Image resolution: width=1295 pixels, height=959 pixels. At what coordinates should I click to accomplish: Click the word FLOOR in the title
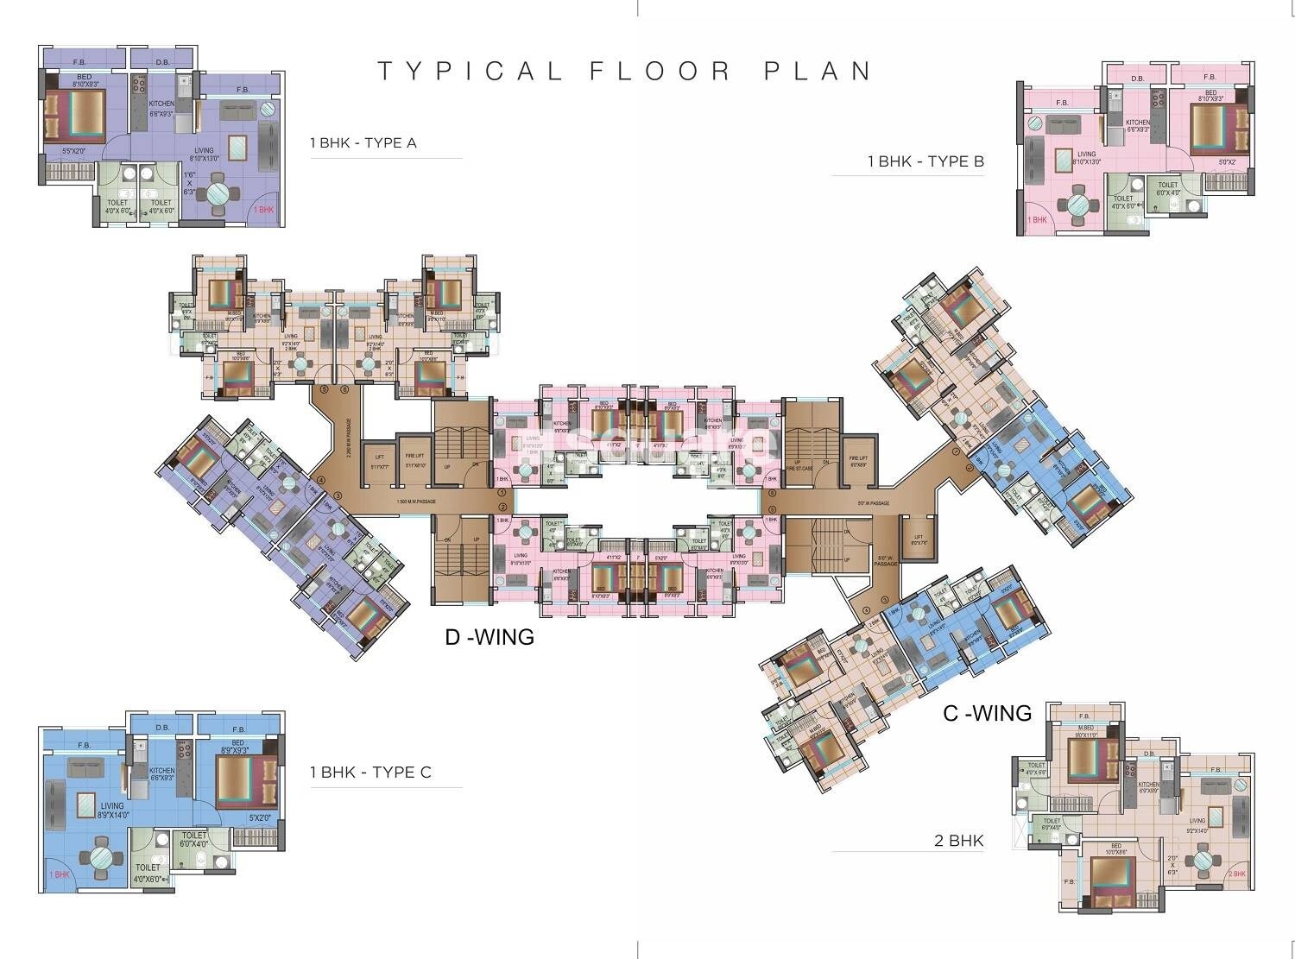[x=660, y=71]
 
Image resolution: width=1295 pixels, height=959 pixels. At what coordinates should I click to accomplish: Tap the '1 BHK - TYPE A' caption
[x=363, y=143]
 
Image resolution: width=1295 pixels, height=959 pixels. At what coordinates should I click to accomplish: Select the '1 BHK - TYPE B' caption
[x=925, y=161]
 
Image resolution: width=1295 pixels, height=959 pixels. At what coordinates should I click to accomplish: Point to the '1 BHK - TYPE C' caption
[x=370, y=773]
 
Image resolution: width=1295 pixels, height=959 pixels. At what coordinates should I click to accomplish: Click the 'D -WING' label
[x=490, y=638]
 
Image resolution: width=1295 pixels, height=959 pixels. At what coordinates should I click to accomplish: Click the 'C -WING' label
[x=987, y=713]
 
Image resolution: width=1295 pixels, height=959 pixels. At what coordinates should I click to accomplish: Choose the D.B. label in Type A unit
[x=162, y=62]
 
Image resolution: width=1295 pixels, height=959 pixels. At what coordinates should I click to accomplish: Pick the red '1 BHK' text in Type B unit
[x=1037, y=220]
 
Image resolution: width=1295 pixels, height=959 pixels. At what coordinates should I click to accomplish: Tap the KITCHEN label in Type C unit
[x=161, y=771]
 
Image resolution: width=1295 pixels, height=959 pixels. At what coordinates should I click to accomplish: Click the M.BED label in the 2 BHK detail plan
[x=1085, y=728]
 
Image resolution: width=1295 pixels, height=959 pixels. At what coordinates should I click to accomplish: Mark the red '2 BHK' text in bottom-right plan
[x=1237, y=874]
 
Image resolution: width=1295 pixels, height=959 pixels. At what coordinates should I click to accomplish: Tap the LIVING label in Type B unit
[x=1061, y=155]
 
